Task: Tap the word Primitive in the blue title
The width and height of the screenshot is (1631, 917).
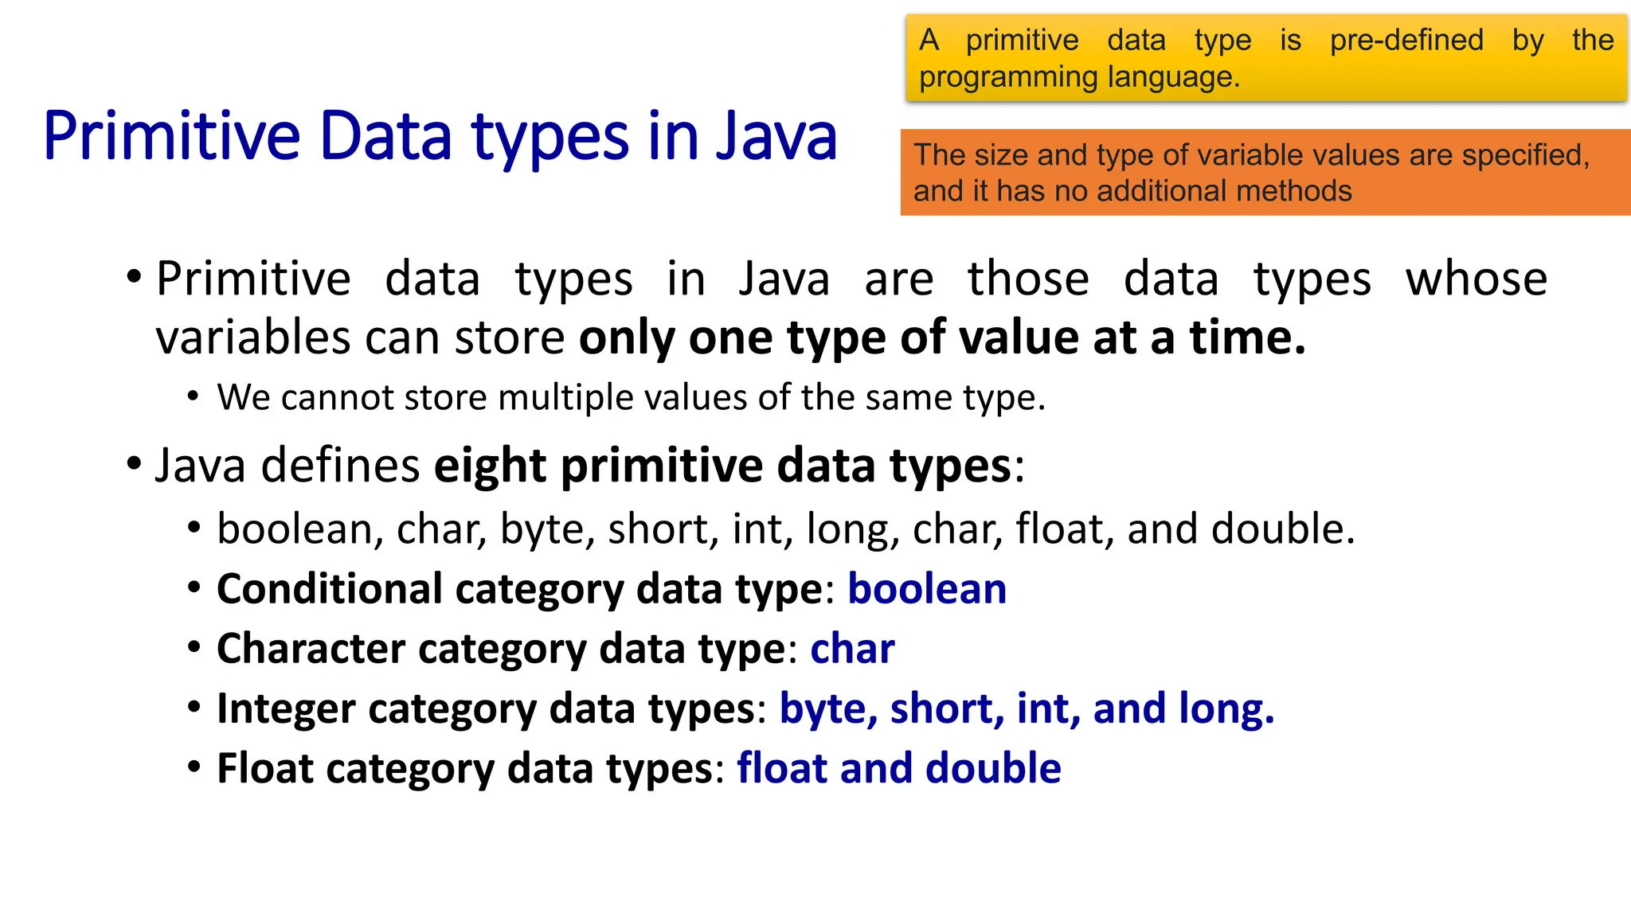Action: [171, 137]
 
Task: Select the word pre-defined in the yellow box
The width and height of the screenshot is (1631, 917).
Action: [1406, 40]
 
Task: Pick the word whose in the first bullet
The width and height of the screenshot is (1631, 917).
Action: [1476, 279]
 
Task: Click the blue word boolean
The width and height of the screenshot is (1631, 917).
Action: [927, 590]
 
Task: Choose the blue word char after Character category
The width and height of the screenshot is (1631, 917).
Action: [852, 649]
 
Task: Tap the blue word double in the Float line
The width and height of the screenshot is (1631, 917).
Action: [993, 768]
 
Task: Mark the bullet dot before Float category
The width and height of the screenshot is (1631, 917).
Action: [194, 767]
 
